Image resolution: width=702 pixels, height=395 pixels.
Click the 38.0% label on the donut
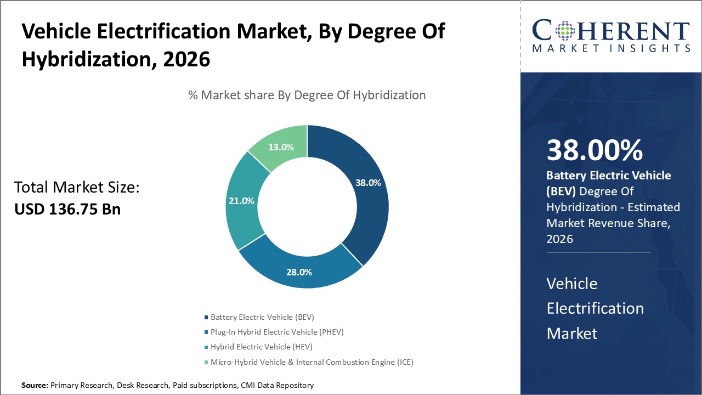368,183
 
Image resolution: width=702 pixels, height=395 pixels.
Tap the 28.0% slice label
299,272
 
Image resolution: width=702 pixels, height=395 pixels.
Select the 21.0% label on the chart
241,201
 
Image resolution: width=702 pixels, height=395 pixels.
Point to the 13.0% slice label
281,147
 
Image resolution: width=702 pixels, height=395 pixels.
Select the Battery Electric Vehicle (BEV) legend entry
262,317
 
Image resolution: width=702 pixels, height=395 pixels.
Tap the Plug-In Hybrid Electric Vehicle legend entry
277,332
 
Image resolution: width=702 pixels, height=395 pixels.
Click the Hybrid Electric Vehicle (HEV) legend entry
261,347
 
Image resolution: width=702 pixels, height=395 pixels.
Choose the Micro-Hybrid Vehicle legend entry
312,362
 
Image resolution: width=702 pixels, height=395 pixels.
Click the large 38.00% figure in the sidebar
595,150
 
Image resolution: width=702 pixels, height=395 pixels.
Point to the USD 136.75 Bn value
67,209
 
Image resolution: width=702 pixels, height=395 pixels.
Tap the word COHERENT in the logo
611,31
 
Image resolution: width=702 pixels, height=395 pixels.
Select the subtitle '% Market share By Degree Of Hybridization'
307,95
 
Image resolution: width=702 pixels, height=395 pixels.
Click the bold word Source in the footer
34,385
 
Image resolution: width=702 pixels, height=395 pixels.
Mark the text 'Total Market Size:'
77,188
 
